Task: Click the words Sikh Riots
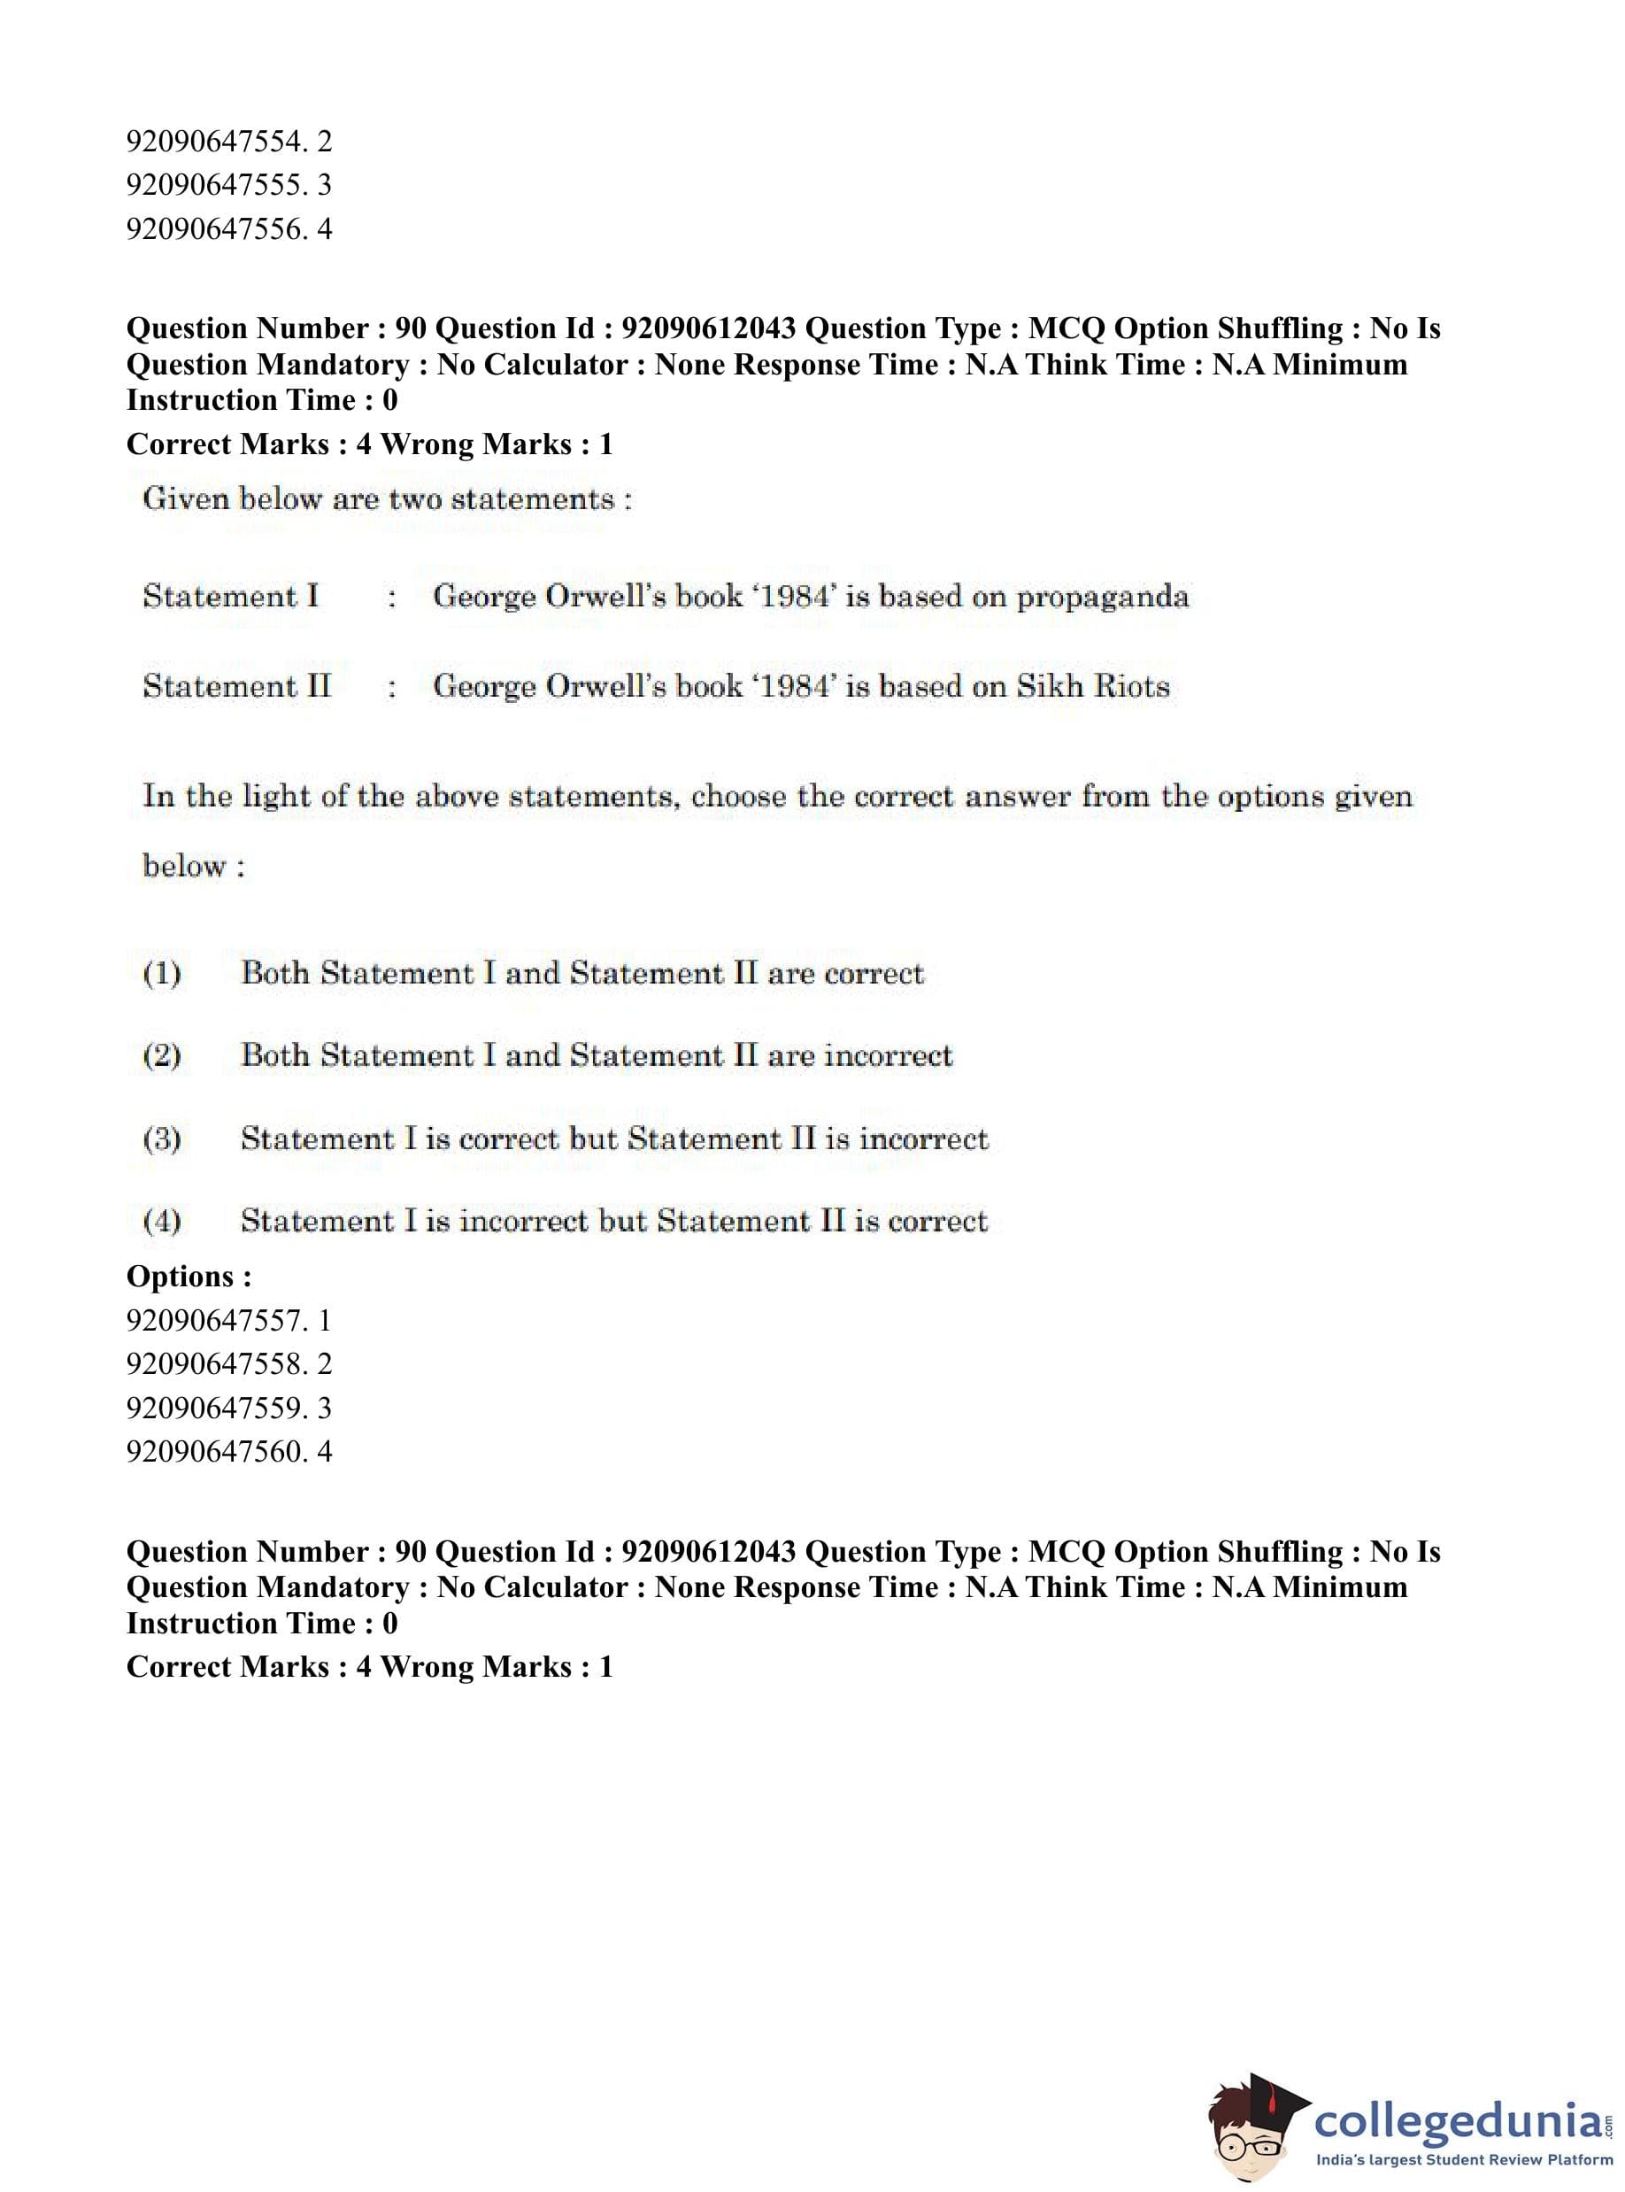[x=1093, y=686]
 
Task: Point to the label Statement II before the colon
[x=237, y=686]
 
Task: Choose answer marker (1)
[x=162, y=974]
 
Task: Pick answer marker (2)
[x=162, y=1055]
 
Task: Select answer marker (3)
[x=162, y=1139]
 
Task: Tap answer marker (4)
[x=162, y=1221]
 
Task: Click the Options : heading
[x=189, y=1277]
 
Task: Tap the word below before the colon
[x=184, y=867]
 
